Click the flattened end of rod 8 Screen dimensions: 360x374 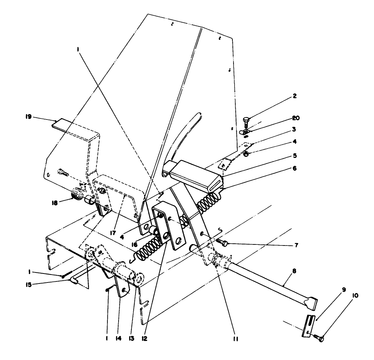(x=310, y=303)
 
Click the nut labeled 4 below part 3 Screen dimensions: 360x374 (x=246, y=154)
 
